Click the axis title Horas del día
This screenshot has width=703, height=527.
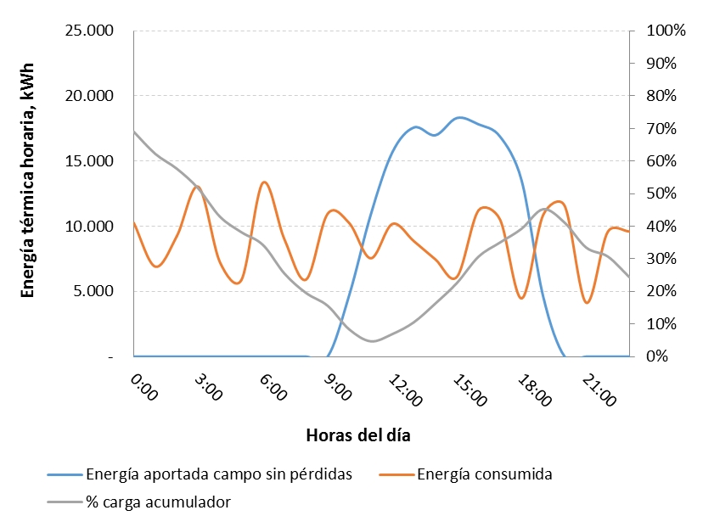coord(358,435)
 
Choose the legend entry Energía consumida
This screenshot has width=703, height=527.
coord(485,474)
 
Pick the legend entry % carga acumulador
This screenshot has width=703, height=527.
coord(158,502)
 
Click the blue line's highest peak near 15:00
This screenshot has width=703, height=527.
coord(459,117)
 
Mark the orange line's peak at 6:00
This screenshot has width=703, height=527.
coord(264,182)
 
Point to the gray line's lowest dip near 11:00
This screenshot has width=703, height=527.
coord(372,341)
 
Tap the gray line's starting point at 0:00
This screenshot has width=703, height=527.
coord(134,131)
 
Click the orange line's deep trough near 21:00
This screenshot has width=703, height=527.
coord(587,303)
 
